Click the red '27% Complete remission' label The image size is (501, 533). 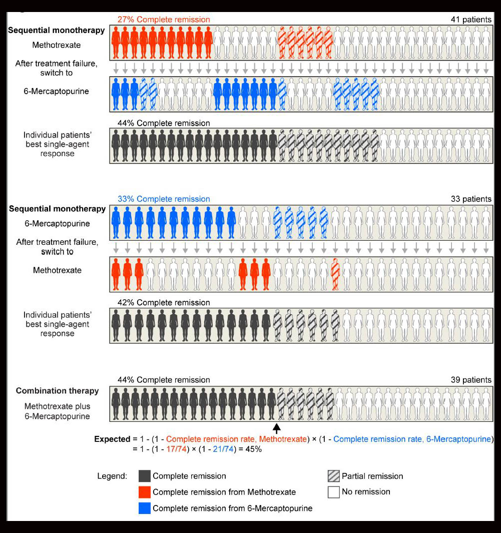coord(164,20)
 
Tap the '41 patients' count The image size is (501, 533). coord(470,20)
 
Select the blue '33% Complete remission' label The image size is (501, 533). coord(164,199)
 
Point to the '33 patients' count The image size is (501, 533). coord(470,199)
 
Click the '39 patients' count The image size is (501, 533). coord(470,380)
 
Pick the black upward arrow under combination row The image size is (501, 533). coord(276,428)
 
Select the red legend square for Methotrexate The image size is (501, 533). coord(145,492)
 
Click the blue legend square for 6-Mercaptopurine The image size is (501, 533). coord(145,508)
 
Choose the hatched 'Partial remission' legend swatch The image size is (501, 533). coord(333,476)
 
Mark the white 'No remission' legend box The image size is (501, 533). coord(333,492)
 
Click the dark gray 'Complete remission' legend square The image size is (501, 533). coord(145,476)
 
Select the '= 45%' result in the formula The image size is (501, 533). coord(252,449)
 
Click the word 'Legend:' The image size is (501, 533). coord(112,476)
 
